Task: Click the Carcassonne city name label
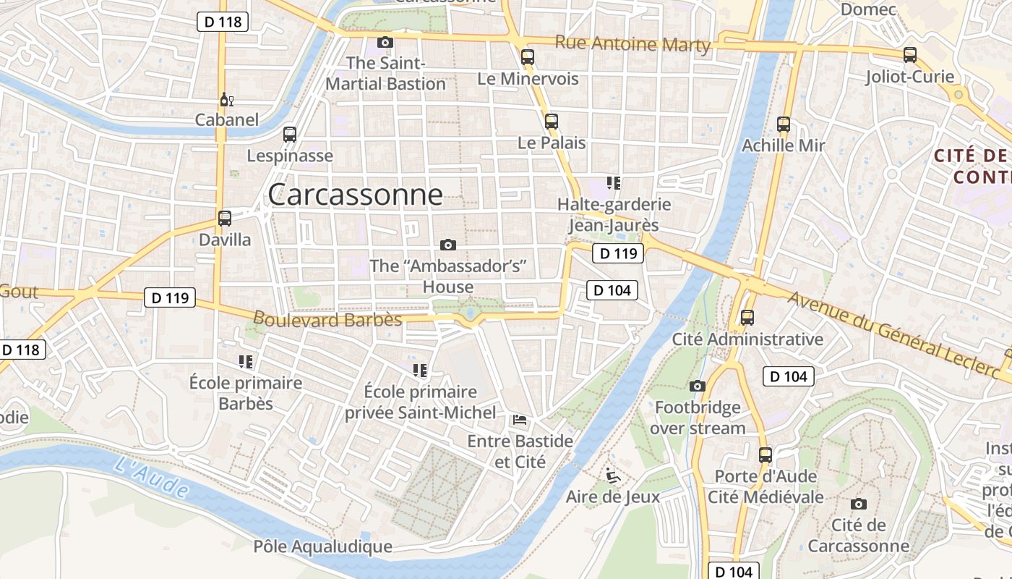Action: pyautogui.click(x=355, y=194)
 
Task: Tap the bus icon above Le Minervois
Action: pyautogui.click(x=528, y=56)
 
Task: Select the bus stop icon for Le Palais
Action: pyautogui.click(x=552, y=121)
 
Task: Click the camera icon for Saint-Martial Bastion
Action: pyautogui.click(x=385, y=42)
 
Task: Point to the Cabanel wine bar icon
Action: pyautogui.click(x=226, y=99)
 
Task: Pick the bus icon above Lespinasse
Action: pyautogui.click(x=290, y=134)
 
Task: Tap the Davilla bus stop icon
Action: pyautogui.click(x=225, y=218)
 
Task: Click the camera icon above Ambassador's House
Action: pyautogui.click(x=448, y=245)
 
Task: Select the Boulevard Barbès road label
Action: pyautogui.click(x=327, y=318)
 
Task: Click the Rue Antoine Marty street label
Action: pyautogui.click(x=632, y=44)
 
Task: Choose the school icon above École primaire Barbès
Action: pyautogui.click(x=246, y=361)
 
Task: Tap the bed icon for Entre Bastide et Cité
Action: pyautogui.click(x=520, y=420)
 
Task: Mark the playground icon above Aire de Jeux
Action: pyautogui.click(x=613, y=476)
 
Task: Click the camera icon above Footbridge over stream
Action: pyautogui.click(x=698, y=386)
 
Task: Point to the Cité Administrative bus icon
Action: pyautogui.click(x=747, y=317)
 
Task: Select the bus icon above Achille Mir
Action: pyautogui.click(x=784, y=124)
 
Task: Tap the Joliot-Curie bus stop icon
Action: pyautogui.click(x=910, y=55)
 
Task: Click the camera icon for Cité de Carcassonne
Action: pyautogui.click(x=859, y=504)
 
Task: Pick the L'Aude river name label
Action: pyautogui.click(x=151, y=477)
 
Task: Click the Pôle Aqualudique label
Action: pyautogui.click(x=322, y=546)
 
